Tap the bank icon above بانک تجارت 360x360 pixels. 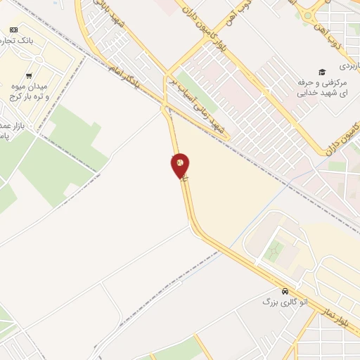click(13, 29)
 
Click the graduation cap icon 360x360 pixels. click(322, 72)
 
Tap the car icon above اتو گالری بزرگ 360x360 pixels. click(283, 291)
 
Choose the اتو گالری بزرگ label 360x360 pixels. click(276, 301)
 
